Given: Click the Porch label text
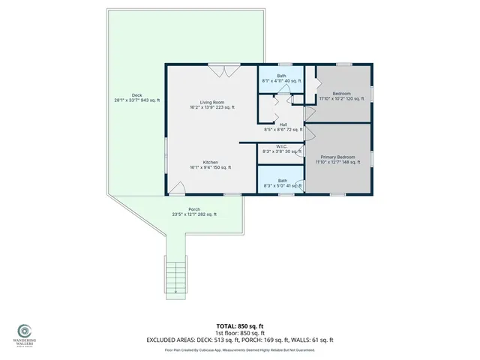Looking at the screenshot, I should tap(194, 211).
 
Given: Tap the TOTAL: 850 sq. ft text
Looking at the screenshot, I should tap(239, 326).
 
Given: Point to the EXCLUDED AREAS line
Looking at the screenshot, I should tap(239, 340).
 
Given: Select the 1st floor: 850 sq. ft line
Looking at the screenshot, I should tap(239, 333).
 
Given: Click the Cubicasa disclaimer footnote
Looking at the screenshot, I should tap(239, 349).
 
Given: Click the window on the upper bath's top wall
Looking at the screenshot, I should tap(284, 65).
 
